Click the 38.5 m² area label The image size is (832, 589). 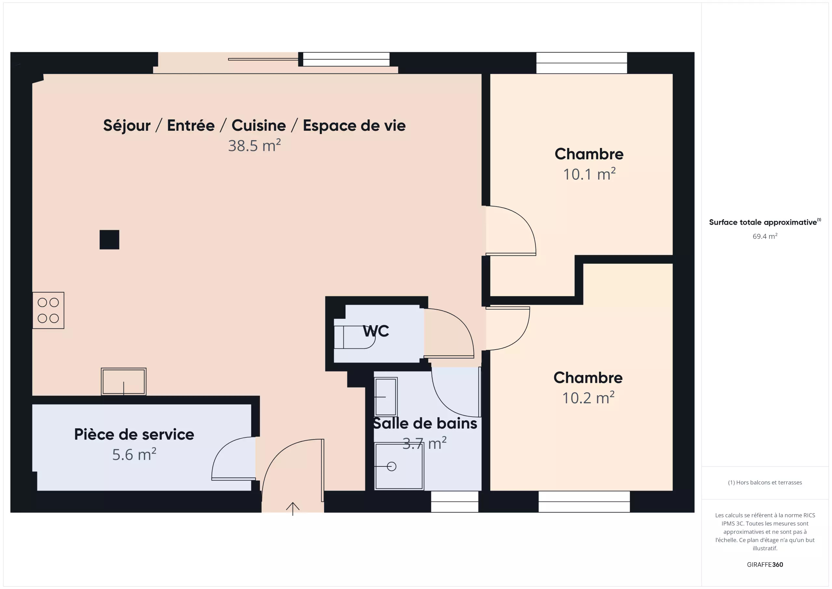click(254, 145)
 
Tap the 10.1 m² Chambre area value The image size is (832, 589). click(589, 174)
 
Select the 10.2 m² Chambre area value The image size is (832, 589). click(588, 398)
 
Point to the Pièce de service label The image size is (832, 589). click(134, 434)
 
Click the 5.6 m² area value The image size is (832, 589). click(134, 454)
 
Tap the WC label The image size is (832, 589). click(376, 331)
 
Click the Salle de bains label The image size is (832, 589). click(425, 423)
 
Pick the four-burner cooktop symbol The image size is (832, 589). click(48, 311)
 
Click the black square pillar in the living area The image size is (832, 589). click(110, 240)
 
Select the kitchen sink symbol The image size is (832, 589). click(123, 382)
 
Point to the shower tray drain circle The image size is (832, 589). click(392, 466)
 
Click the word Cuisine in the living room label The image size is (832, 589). click(259, 126)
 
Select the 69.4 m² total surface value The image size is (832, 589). click(765, 236)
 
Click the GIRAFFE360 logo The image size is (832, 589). click(765, 565)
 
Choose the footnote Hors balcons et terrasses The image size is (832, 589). click(765, 482)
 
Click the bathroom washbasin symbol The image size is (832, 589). click(385, 397)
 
